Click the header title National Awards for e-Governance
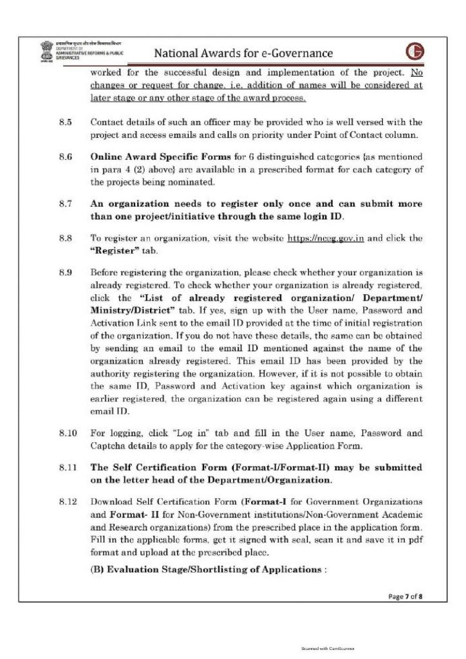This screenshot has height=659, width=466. tap(244, 53)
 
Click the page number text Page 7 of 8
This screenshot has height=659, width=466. tap(405, 597)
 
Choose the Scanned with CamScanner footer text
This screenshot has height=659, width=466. tap(328, 649)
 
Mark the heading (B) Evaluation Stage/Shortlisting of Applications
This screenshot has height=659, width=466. tap(209, 570)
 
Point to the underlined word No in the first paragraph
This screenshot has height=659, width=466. tap(416, 72)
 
